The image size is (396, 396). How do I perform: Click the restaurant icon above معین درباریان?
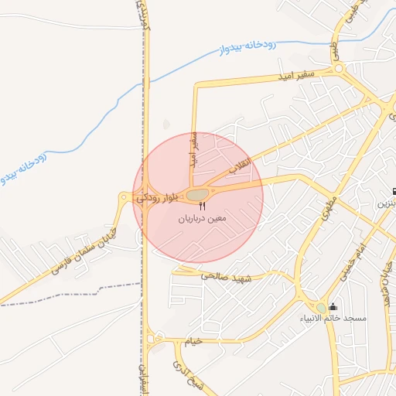202,207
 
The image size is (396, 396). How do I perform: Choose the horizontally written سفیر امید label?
295,75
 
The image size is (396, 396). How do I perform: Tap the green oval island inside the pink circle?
198,194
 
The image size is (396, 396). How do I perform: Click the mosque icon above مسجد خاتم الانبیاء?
333,306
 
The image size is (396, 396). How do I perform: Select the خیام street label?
193,340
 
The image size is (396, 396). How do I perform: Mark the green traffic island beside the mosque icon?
321,309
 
